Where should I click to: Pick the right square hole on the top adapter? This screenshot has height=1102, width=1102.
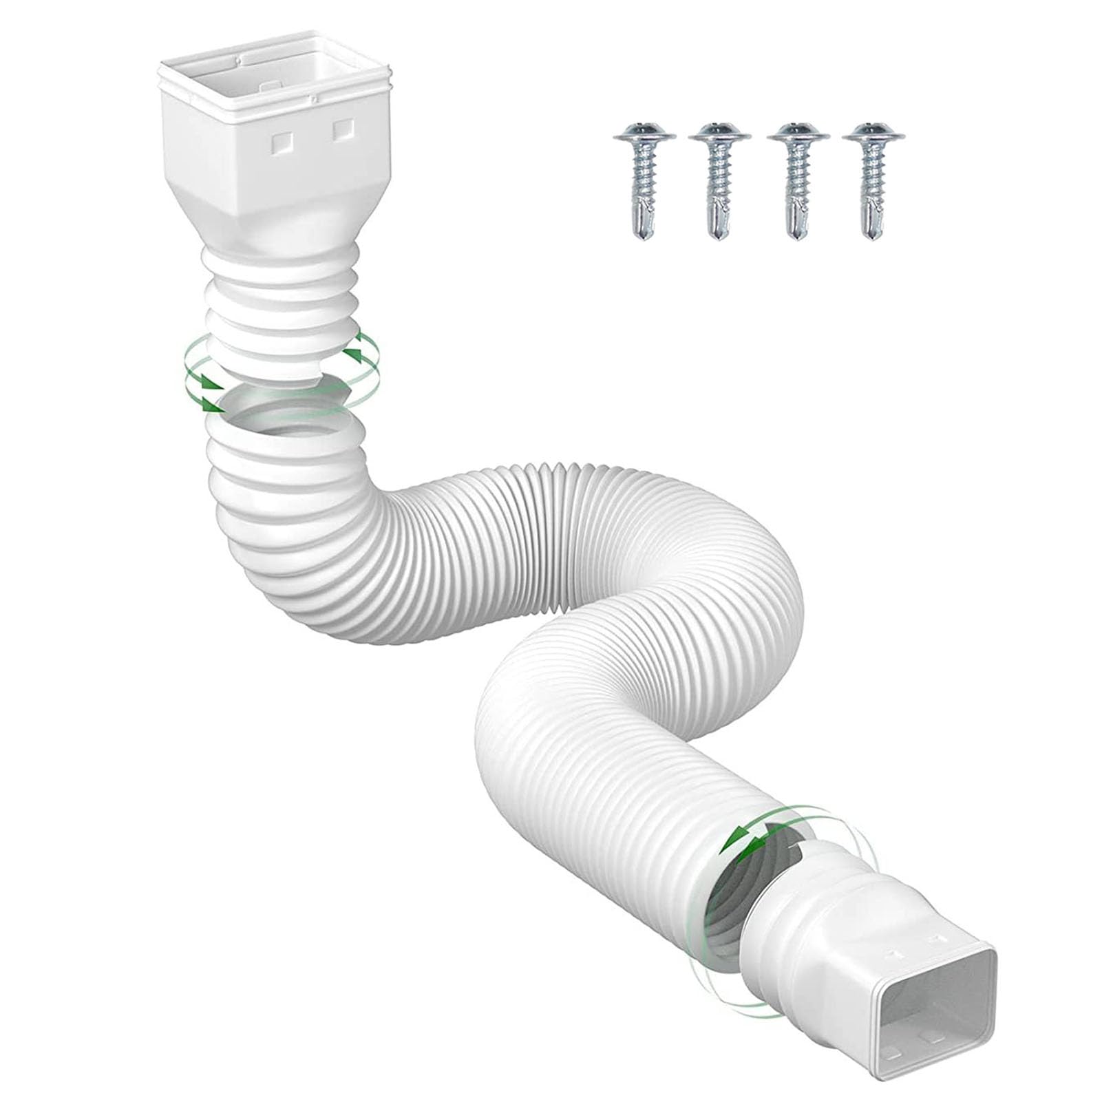(x=342, y=129)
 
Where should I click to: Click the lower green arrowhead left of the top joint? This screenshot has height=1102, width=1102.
(x=210, y=403)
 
